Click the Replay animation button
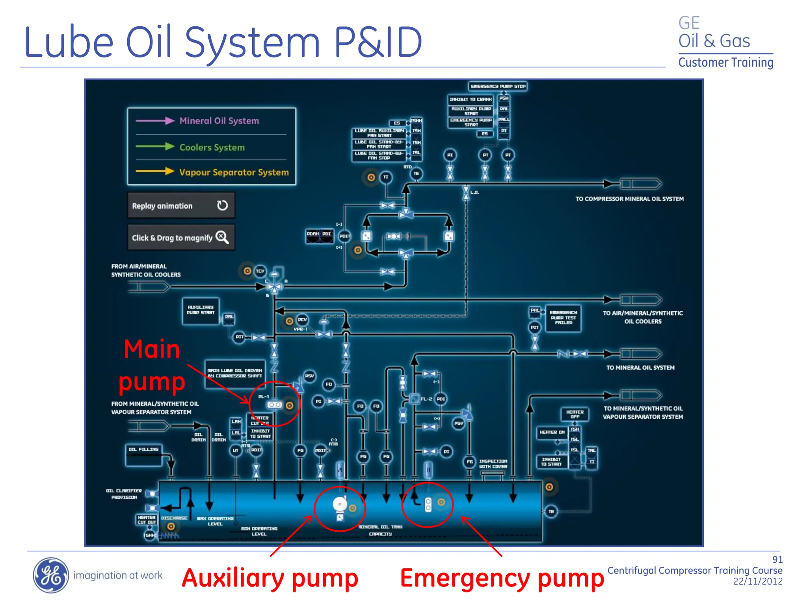click(181, 206)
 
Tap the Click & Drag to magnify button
click(181, 238)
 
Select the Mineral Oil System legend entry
click(219, 121)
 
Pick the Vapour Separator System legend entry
click(234, 173)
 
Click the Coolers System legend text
click(212, 147)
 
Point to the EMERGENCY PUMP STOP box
click(498, 86)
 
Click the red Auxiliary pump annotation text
click(270, 578)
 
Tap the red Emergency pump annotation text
click(502, 578)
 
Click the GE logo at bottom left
click(50, 575)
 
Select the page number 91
click(777, 560)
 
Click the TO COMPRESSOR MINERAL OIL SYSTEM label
click(629, 199)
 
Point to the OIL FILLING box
click(143, 455)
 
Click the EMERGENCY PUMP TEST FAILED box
click(563, 317)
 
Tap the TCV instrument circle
click(260, 271)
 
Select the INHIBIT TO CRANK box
click(470, 99)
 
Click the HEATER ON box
click(552, 432)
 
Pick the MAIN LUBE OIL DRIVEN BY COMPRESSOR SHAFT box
click(234, 373)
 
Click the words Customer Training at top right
click(725, 63)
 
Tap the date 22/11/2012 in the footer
click(757, 581)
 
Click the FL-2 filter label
click(426, 399)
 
